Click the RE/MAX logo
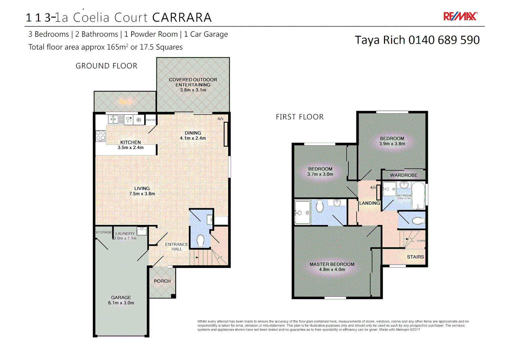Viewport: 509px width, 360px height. (x=460, y=16)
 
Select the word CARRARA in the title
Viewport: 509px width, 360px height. (x=182, y=18)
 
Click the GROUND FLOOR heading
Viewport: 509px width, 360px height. (x=106, y=66)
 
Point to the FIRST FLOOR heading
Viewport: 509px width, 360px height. (x=299, y=117)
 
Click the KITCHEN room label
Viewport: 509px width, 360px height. (x=131, y=142)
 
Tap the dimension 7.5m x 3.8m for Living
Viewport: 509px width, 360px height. (x=142, y=194)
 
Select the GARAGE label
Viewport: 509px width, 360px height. (x=121, y=297)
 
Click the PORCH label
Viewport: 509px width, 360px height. (x=162, y=281)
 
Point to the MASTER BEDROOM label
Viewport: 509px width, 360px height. (x=332, y=264)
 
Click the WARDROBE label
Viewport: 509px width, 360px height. (x=403, y=175)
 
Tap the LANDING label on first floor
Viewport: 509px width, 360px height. (x=369, y=203)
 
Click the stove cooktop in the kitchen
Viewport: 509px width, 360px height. (x=101, y=135)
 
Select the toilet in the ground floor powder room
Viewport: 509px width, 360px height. (x=201, y=241)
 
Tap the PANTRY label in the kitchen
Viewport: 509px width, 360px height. (x=151, y=120)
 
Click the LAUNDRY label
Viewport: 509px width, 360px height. (x=125, y=234)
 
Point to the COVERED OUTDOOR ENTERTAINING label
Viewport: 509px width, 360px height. (x=193, y=82)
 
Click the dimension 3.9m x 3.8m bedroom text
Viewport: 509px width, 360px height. (x=392, y=144)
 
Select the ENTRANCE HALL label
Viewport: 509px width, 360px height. (x=177, y=247)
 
